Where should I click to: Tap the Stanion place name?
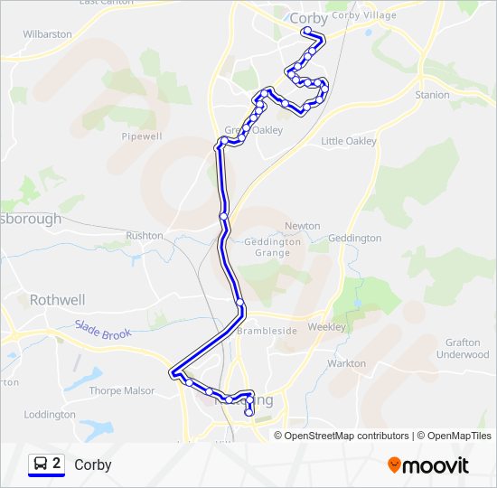pos(432,95)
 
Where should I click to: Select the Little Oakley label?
pos(349,141)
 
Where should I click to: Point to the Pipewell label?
pos(141,136)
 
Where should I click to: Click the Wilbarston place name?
pos(47,34)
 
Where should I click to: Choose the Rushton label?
pos(145,236)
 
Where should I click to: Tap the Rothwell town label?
pos(57,299)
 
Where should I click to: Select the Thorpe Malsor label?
pos(122,391)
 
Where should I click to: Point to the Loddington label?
pos(50,415)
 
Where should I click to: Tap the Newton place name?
pos(303,226)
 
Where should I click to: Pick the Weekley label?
pos(327,327)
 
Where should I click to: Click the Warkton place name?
pos(346,363)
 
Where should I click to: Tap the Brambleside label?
pos(267,331)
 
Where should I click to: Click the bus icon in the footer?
pos(41,465)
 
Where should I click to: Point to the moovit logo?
pos(428,465)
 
